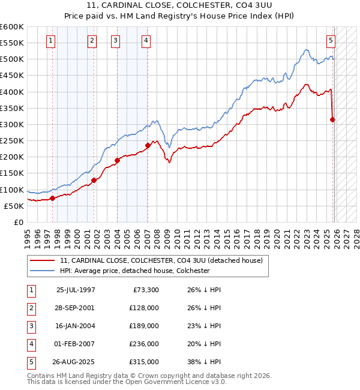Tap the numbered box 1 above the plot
[50, 41]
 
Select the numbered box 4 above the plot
[146, 41]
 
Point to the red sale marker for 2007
[148, 145]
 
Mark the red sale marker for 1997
[52, 198]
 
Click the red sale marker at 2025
[333, 119]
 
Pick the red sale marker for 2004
[118, 160]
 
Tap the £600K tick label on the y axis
[11, 27]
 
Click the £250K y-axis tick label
[11, 140]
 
